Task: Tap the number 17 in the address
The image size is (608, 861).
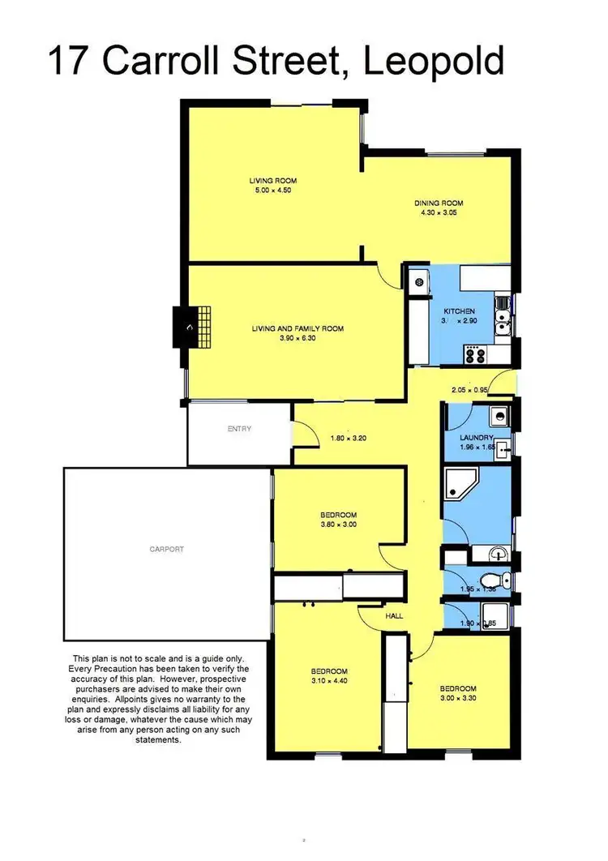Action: click(x=69, y=62)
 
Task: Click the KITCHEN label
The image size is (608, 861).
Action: click(x=458, y=311)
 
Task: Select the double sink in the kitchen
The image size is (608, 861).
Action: click(x=503, y=315)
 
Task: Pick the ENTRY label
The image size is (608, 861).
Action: click(x=239, y=429)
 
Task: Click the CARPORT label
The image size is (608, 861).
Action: click(x=166, y=549)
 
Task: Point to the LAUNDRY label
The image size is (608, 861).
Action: click(x=477, y=437)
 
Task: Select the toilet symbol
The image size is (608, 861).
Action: click(x=494, y=580)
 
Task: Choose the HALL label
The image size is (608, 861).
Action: click(x=395, y=616)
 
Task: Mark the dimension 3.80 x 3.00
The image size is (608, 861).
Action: click(x=338, y=525)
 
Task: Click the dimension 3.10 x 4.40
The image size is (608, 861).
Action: click(x=329, y=681)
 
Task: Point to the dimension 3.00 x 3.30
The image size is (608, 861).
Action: click(x=458, y=697)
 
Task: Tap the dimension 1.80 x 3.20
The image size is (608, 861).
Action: click(x=349, y=439)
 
